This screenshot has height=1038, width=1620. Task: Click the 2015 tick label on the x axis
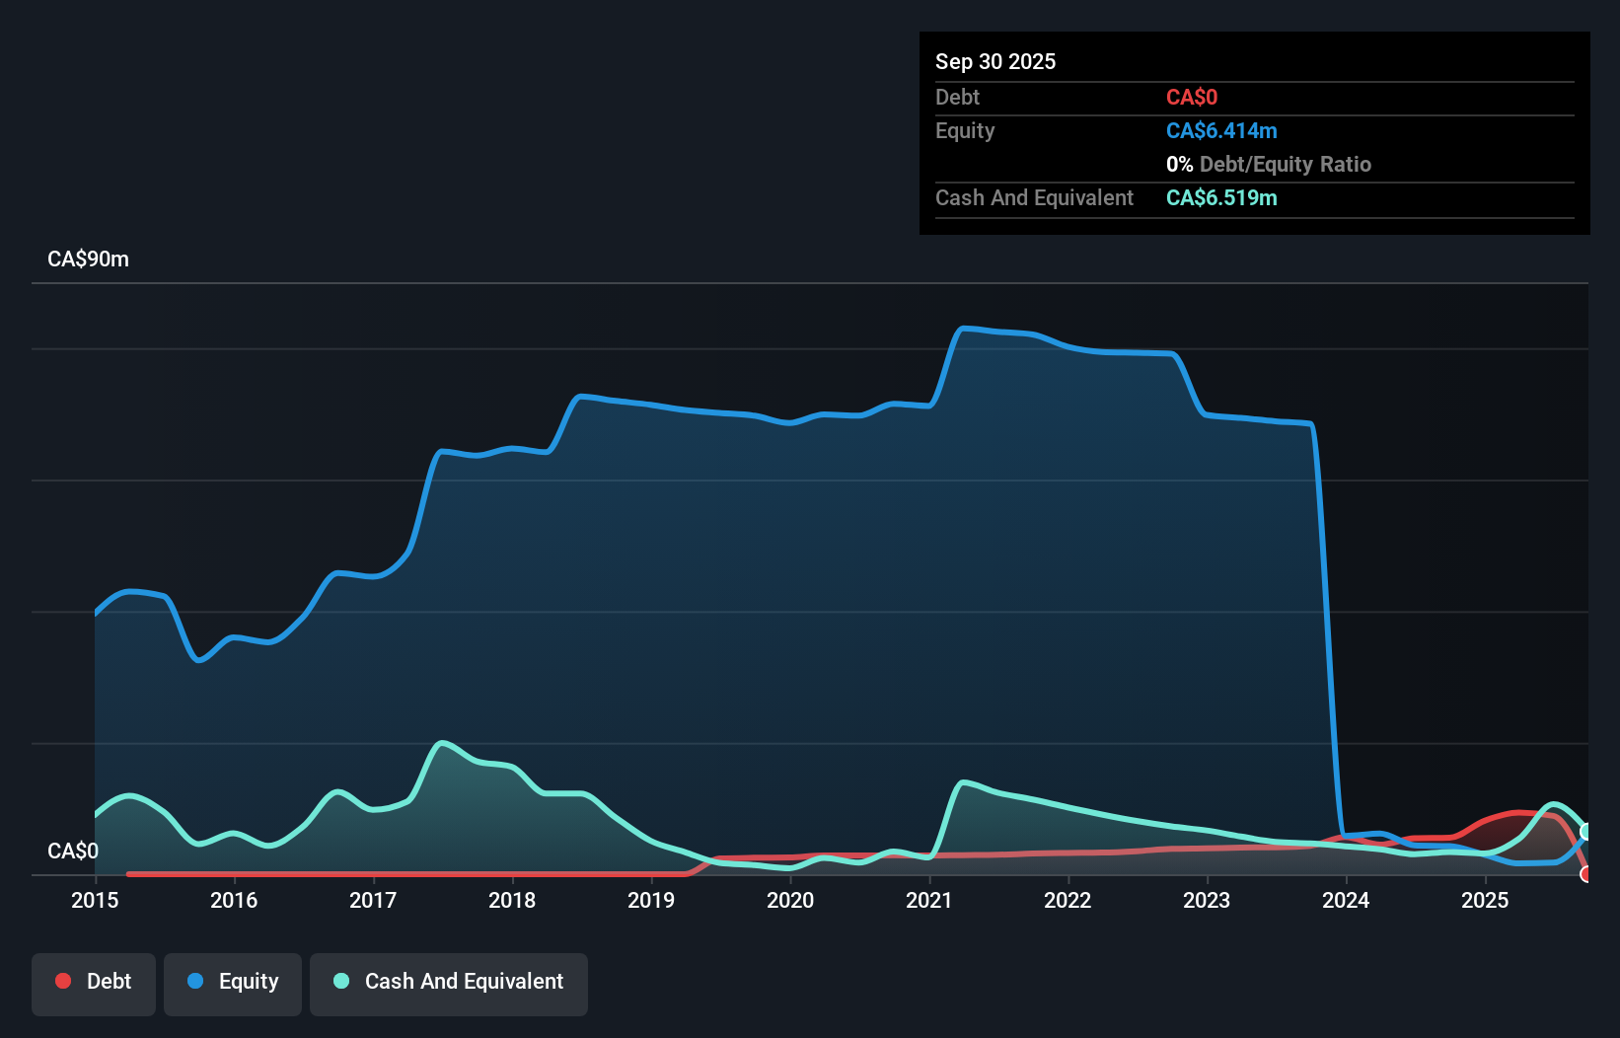point(95,900)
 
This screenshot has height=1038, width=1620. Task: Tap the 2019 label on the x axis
point(651,900)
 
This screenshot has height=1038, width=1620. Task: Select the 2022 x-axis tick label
point(1068,900)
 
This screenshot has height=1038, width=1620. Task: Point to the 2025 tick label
point(1485,900)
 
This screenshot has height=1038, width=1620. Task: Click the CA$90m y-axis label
point(88,259)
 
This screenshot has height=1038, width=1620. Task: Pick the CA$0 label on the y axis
point(73,851)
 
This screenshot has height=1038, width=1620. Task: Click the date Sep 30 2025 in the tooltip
point(995,61)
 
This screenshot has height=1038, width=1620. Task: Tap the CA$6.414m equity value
point(1221,130)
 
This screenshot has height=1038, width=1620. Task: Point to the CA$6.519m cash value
point(1221,197)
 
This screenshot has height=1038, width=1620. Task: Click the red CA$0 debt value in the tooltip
point(1192,97)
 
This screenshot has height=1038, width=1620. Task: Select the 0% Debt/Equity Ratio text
point(1269,164)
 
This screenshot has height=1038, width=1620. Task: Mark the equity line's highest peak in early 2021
point(965,328)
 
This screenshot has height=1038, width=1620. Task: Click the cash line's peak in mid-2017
point(441,742)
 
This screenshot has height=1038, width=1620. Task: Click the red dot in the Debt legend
point(63,981)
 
